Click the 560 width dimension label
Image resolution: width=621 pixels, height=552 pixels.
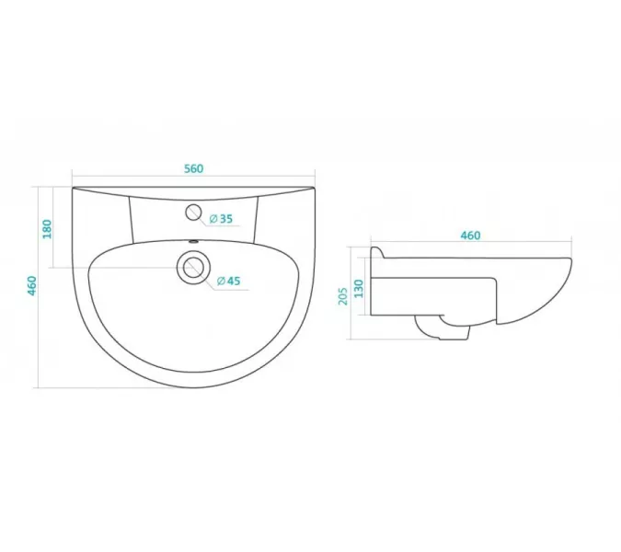(194, 168)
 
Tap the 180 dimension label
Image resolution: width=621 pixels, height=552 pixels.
(47, 229)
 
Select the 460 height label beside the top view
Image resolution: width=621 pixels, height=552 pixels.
(31, 285)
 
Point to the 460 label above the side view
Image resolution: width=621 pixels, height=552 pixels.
(470, 236)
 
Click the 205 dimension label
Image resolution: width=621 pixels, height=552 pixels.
(343, 296)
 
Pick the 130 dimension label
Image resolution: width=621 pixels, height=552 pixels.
(359, 289)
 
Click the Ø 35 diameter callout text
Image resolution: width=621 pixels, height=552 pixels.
(221, 219)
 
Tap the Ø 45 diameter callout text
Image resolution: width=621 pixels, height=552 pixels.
(229, 282)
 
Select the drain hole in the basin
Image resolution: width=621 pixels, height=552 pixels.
(193, 268)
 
